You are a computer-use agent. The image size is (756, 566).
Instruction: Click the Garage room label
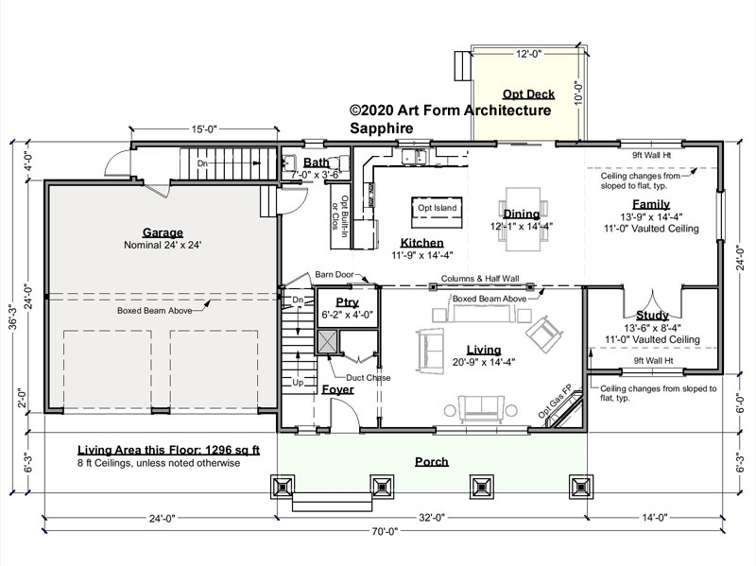(x=163, y=232)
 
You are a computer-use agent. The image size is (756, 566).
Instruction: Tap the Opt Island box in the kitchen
(x=437, y=213)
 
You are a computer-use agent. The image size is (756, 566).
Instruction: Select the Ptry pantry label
(x=347, y=302)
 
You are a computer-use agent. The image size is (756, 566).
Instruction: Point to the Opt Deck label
(x=528, y=94)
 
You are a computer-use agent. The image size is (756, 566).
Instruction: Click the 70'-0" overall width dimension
(x=385, y=531)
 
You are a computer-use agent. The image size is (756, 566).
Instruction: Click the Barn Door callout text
(x=335, y=274)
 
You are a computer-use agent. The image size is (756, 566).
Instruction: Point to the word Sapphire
(x=382, y=129)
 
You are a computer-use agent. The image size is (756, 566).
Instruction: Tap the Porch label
(x=432, y=462)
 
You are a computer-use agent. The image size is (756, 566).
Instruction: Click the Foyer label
(x=337, y=389)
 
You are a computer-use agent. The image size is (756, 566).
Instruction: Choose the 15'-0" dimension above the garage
(x=204, y=129)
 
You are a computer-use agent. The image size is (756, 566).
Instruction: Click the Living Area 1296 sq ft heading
(x=169, y=451)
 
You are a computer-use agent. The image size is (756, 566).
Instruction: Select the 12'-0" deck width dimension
(x=529, y=54)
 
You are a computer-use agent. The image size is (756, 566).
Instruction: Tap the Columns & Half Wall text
(x=480, y=278)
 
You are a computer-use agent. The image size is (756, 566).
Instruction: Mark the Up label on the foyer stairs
(x=298, y=383)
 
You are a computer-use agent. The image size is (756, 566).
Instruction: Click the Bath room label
(x=316, y=163)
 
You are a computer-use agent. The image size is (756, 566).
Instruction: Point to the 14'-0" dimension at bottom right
(x=654, y=518)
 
